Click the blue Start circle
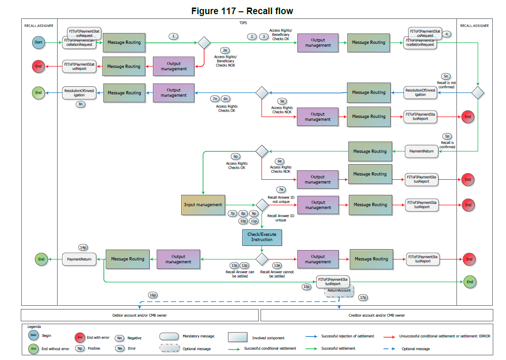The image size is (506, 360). tap(38, 42)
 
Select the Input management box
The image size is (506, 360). tap(203, 205)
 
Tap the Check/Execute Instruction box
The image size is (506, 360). tap(261, 237)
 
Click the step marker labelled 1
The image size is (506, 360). tap(174, 36)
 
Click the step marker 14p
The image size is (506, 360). tap(84, 247)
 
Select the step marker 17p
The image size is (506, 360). tap(363, 298)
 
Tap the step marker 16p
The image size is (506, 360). tap(152, 295)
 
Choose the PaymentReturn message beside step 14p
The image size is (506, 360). tap(79, 259)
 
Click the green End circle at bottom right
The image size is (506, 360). tap(470, 282)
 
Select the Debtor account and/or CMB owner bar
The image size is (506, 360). tap(140, 315)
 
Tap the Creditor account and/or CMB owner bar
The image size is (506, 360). tap(377, 315)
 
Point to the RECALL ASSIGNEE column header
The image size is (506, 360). tap(474, 25)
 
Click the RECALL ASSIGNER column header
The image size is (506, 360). tap(39, 25)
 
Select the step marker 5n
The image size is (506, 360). tap(446, 76)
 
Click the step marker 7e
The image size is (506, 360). tap(281, 190)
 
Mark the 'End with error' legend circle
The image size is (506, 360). tap(80, 337)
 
